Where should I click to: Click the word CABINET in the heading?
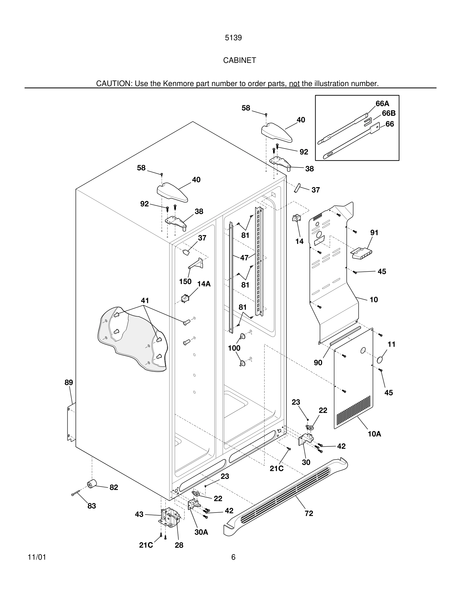tap(239, 60)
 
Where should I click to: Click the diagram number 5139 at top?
tap(233, 38)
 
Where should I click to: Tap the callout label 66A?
tap(382, 104)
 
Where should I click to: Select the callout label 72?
tap(309, 513)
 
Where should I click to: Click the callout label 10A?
tap(374, 434)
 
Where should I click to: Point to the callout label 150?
tap(185, 281)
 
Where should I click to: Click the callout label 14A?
tap(204, 284)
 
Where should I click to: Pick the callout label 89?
tap(69, 382)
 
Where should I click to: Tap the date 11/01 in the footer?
tap(37, 557)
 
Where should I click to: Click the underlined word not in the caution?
tap(294, 83)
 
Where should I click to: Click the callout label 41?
tap(145, 300)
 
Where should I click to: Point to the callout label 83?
tap(92, 506)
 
